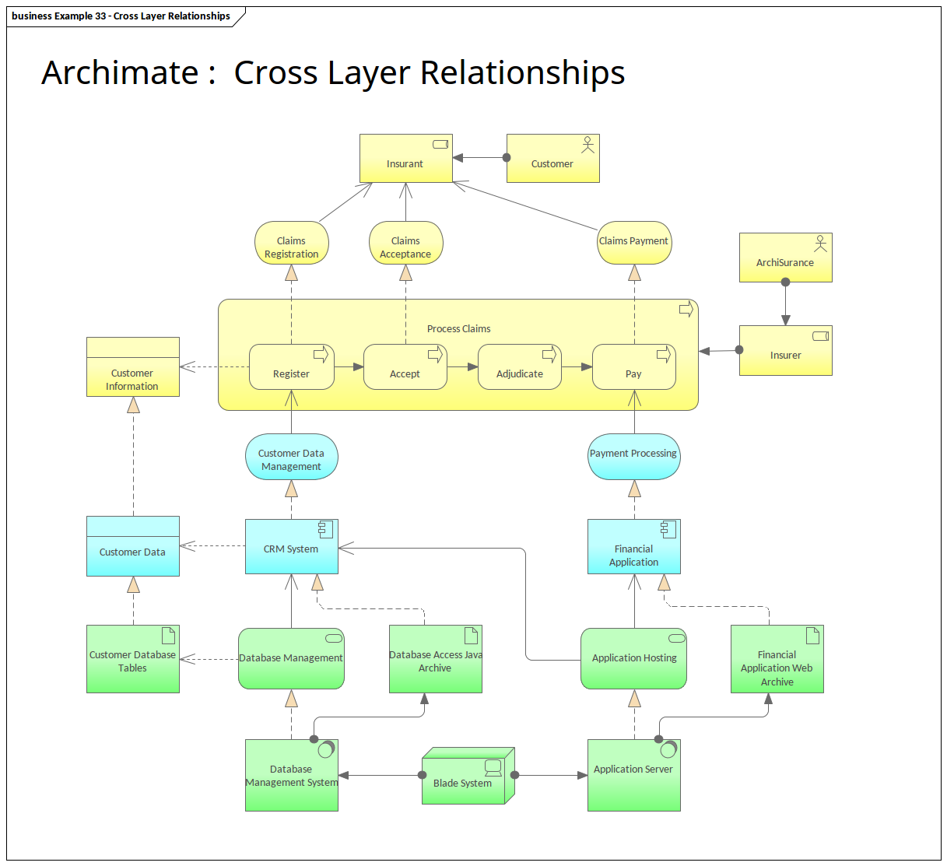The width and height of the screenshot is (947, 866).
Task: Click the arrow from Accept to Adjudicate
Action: coord(462,366)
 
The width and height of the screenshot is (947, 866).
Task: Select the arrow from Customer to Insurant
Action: coord(479,158)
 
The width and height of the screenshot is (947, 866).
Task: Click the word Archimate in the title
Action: coord(121,73)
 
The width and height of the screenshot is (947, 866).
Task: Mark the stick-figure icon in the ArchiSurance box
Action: coord(820,244)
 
